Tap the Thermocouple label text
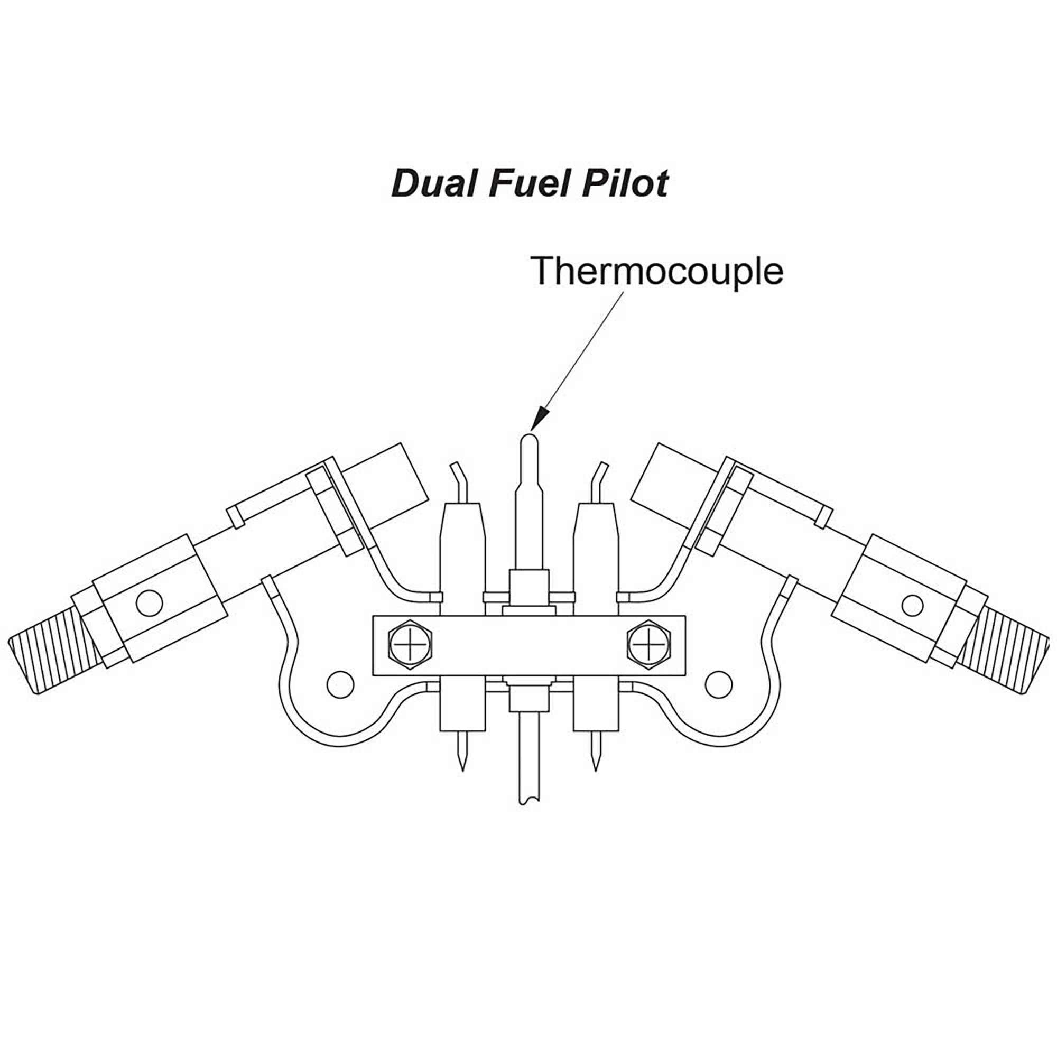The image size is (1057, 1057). coord(656,271)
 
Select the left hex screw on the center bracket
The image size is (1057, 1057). coord(409,644)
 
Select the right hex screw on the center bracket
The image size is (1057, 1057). coord(648,644)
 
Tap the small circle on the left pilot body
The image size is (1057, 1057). coord(150,604)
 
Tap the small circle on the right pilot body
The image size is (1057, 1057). coord(912,605)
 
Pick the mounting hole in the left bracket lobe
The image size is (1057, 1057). coord(340,684)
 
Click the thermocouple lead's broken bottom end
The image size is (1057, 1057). coord(530,802)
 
